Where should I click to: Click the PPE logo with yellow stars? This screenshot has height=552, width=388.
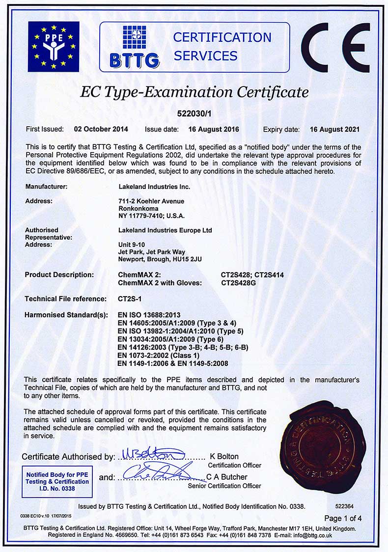(x=53, y=47)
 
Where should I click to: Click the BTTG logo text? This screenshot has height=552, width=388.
(x=134, y=60)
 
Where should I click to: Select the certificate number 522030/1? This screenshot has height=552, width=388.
(x=194, y=113)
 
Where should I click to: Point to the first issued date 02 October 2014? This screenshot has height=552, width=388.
(x=101, y=130)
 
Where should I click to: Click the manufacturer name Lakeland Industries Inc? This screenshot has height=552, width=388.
(x=154, y=187)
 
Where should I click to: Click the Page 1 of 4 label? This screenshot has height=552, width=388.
(x=343, y=518)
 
